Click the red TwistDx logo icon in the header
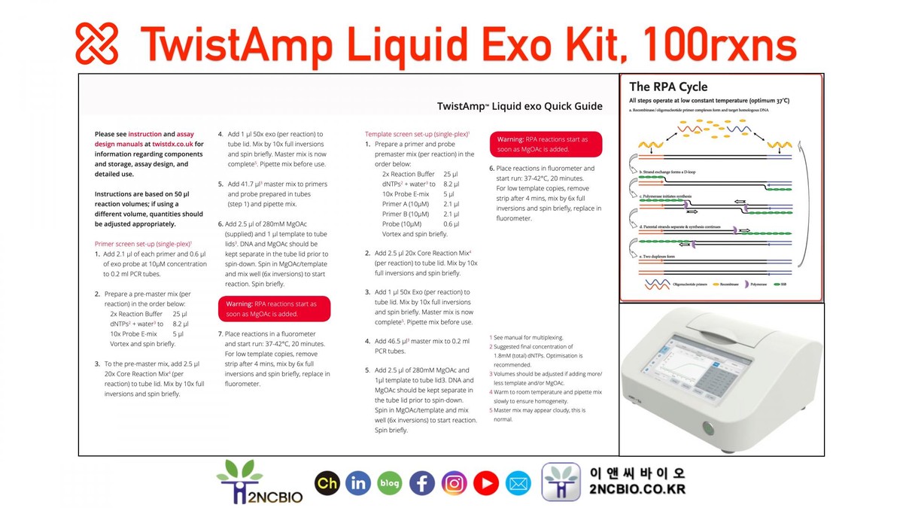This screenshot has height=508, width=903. pyautogui.click(x=97, y=43)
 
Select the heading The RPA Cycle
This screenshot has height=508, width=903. pyautogui.click(x=668, y=87)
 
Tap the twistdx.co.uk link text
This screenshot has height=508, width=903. pyautogui.click(x=173, y=143)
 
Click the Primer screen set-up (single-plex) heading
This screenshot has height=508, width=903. pyautogui.click(x=143, y=244)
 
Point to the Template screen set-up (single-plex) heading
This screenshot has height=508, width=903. pyautogui.click(x=417, y=133)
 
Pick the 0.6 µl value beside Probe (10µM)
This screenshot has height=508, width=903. pyautogui.click(x=451, y=224)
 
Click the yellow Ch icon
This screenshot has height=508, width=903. pyautogui.click(x=327, y=482)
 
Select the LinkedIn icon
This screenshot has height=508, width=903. pyautogui.click(x=358, y=482)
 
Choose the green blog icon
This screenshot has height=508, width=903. pyautogui.click(x=390, y=482)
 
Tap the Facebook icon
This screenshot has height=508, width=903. pyautogui.click(x=421, y=482)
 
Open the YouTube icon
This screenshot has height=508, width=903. pyautogui.click(x=486, y=482)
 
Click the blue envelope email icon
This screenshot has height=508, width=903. pyautogui.click(x=518, y=482)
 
